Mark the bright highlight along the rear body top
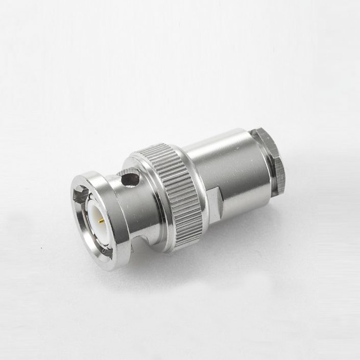(x=214, y=148)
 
